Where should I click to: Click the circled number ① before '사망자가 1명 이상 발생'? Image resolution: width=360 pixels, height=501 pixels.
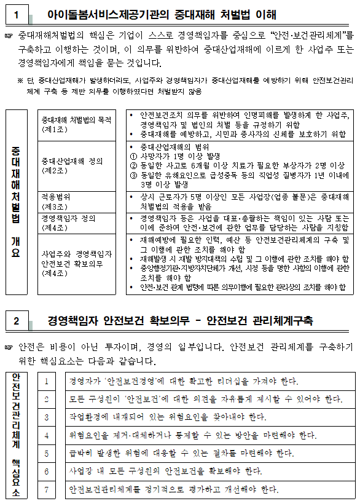point(135,156)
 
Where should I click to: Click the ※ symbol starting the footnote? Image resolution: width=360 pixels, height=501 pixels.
point(20,81)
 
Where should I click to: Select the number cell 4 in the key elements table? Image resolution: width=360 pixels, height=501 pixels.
point(47,436)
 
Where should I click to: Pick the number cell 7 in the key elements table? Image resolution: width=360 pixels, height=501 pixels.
point(47,490)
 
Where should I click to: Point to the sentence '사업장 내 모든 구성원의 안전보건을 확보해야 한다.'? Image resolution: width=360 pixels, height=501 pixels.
point(166,471)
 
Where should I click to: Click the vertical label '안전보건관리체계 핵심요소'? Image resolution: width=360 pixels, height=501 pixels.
point(16,434)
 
